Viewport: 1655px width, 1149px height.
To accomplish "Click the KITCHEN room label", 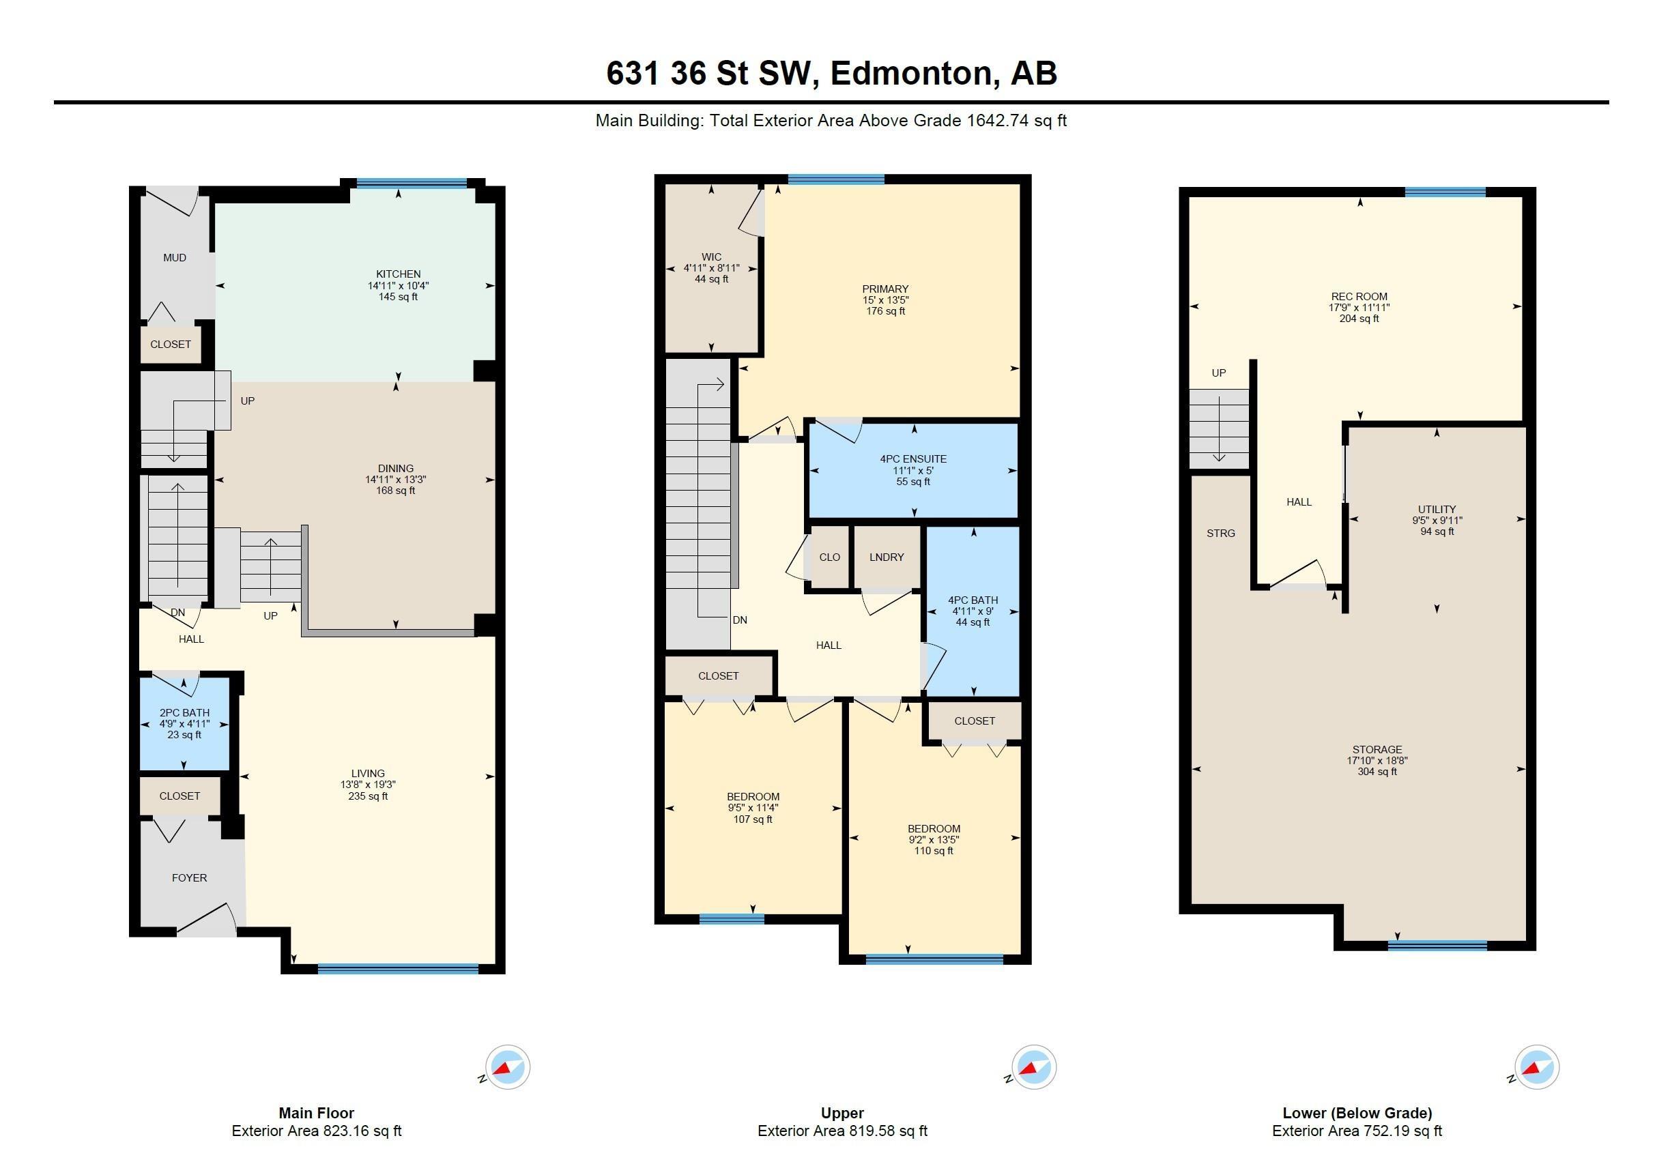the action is point(399,274).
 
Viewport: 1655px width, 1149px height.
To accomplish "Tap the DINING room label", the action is point(395,469).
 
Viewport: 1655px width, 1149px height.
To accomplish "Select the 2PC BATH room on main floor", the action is point(184,723).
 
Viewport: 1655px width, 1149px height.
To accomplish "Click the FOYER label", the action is point(190,877).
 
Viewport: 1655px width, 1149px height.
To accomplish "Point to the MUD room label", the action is point(175,258).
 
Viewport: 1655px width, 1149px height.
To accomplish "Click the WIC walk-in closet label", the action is point(712,257).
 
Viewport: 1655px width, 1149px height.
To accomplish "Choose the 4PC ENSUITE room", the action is point(913,470).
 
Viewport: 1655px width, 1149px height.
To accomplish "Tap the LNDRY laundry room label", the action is point(887,557).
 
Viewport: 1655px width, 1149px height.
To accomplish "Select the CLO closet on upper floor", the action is point(830,557).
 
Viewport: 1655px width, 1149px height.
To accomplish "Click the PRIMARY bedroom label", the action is point(885,289).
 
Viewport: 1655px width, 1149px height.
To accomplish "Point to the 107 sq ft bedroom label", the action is point(753,808).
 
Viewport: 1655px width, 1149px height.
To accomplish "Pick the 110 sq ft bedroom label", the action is point(934,839).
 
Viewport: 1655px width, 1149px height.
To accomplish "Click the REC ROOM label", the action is point(1359,297).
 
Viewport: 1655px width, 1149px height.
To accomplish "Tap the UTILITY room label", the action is point(1437,509).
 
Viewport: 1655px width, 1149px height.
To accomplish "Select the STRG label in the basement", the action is point(1221,534).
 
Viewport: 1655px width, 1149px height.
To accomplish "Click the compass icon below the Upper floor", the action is point(1033,1067).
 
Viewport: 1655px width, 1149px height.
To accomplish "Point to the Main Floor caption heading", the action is point(316,1113).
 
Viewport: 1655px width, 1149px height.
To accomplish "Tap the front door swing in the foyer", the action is point(207,920).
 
